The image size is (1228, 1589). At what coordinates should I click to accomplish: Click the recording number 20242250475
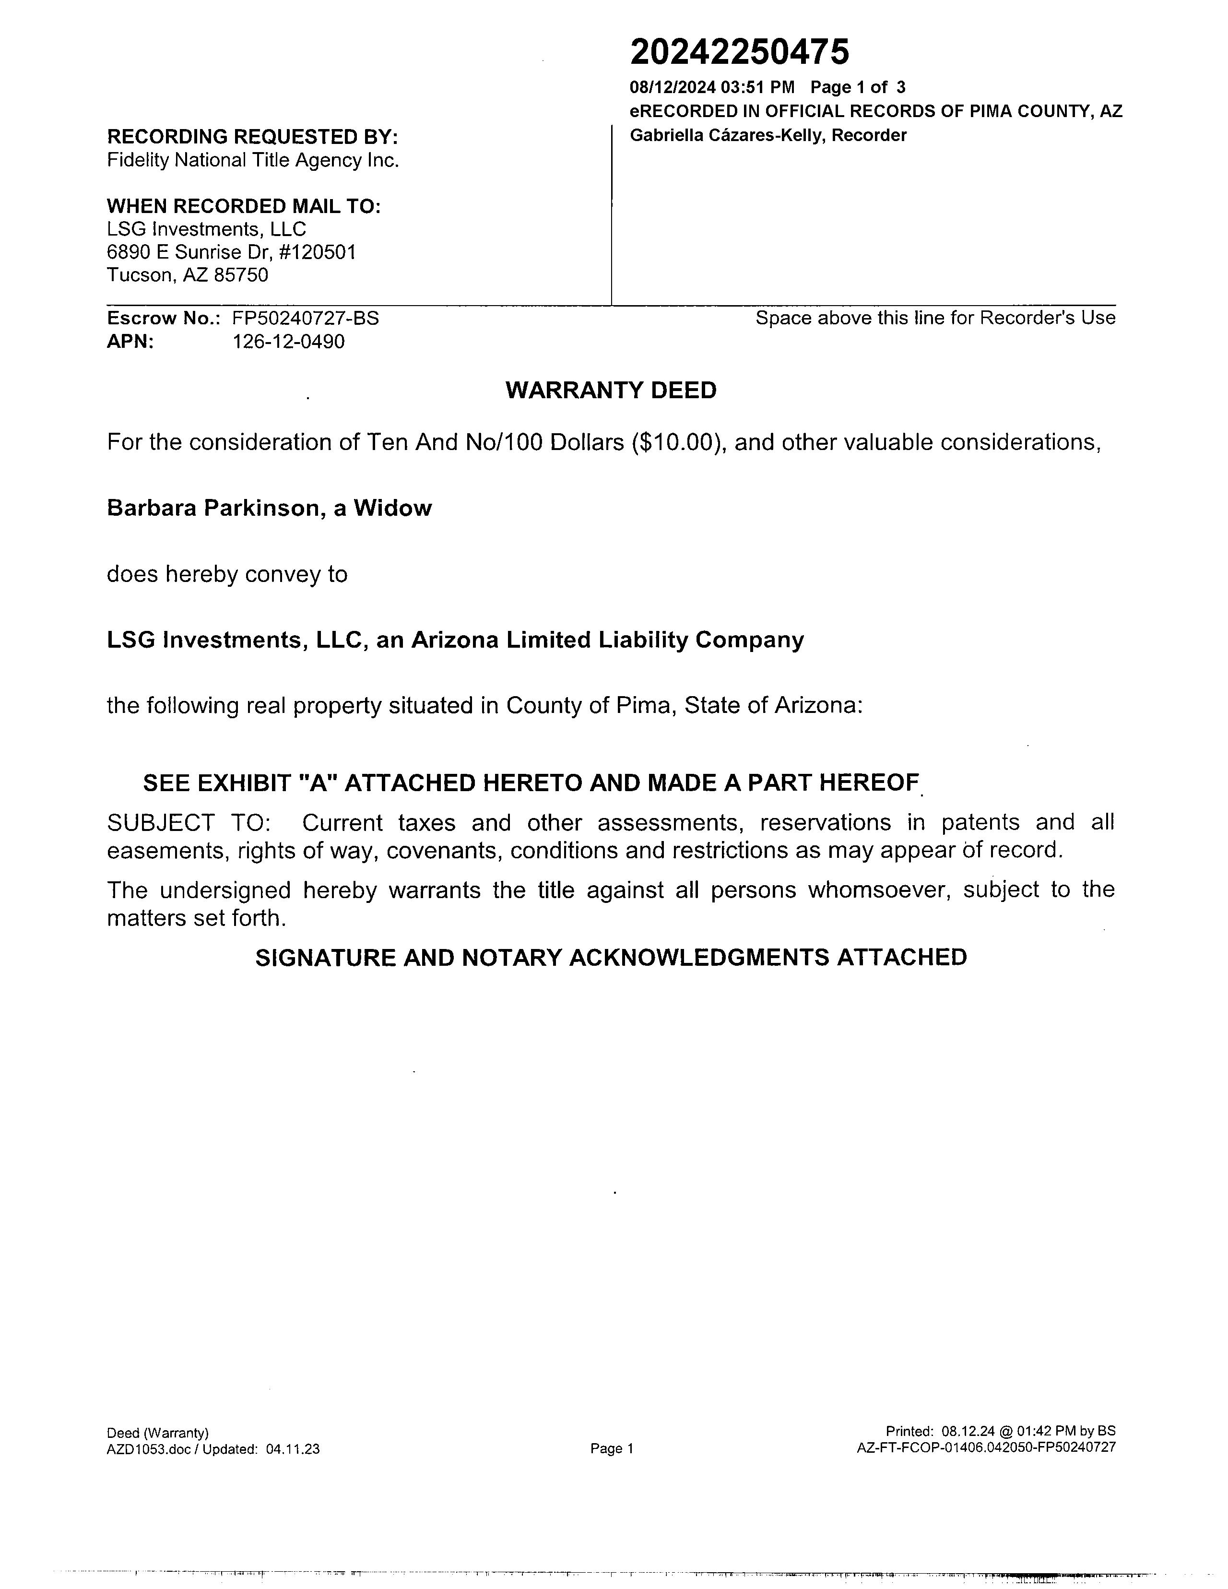[x=739, y=52]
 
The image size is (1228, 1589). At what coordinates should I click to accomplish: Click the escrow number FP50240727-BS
[x=306, y=318]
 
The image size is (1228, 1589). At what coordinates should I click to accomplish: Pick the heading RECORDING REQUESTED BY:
[x=252, y=137]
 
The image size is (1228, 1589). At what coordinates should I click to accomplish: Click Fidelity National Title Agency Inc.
[x=252, y=160]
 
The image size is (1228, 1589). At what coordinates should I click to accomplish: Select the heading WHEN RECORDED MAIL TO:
[x=244, y=206]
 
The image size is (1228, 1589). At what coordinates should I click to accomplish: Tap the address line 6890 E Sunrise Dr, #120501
[x=231, y=252]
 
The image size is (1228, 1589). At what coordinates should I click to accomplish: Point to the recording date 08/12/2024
[x=673, y=88]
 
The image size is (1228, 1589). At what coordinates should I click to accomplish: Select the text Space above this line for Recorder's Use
[x=935, y=318]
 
